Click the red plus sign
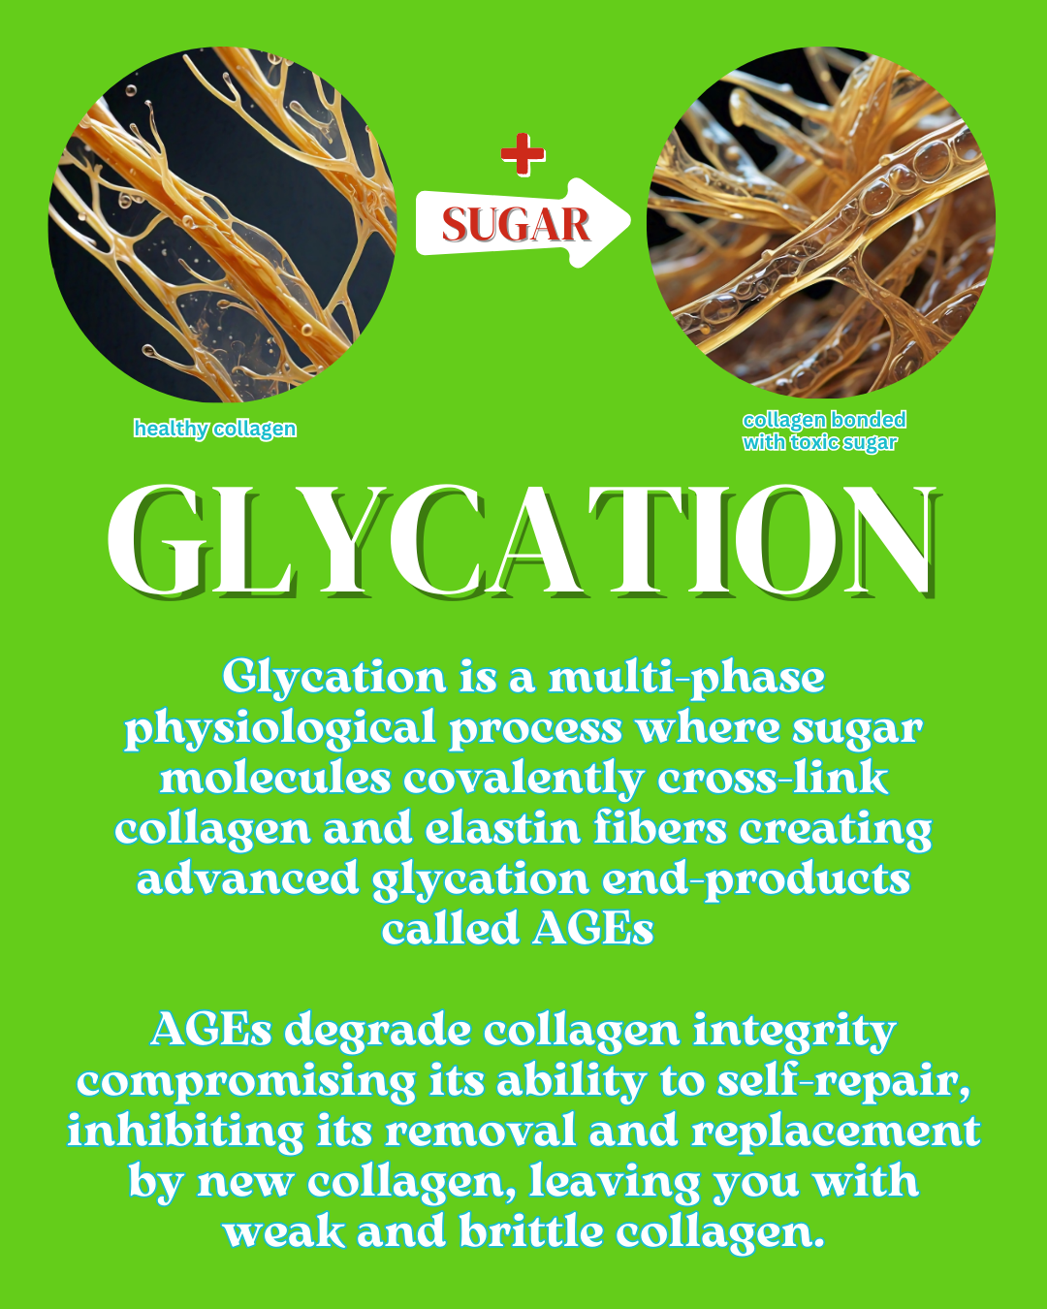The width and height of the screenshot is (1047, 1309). (523, 154)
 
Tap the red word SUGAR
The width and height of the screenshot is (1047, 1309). (516, 225)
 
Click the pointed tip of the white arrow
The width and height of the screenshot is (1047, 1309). (630, 222)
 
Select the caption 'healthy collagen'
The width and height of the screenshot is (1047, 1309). (215, 429)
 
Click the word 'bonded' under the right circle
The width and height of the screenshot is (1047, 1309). (869, 420)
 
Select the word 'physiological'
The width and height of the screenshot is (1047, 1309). (280, 728)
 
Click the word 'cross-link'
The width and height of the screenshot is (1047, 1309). (773, 778)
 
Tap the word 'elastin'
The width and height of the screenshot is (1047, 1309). (502, 828)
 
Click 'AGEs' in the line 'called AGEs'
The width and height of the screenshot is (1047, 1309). (592, 929)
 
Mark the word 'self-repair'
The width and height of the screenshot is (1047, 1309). (843, 1082)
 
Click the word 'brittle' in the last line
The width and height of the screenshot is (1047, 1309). (531, 1232)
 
